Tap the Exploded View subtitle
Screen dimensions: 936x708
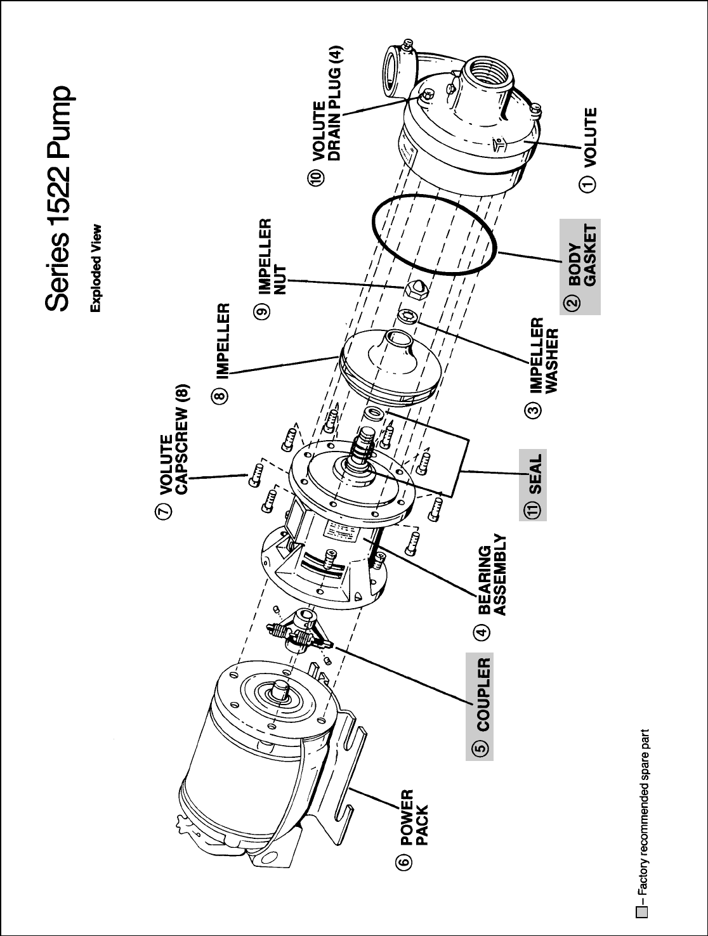pos(96,268)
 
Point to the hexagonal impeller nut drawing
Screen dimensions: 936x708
pos(414,289)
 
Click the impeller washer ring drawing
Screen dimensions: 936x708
pos(407,315)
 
